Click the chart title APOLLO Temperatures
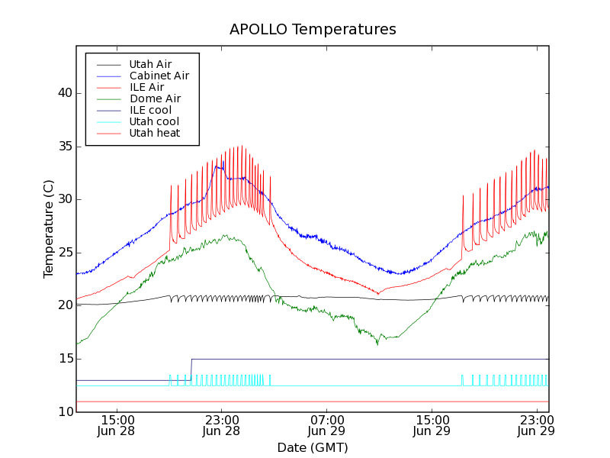pos(313,30)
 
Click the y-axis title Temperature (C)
pos(49,229)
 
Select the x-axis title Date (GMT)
pos(313,447)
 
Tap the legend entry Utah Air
pos(150,64)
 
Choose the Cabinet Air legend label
pos(159,76)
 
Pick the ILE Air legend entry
pos(146,87)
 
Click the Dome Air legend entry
pos(155,98)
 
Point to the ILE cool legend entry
pos(150,110)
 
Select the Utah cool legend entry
pos(154,121)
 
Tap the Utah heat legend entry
pos(154,133)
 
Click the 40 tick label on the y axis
pos(63,93)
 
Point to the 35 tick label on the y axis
pos(63,147)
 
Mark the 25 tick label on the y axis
pos(63,253)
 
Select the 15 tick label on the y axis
pos(63,359)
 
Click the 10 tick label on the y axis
pos(63,412)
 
